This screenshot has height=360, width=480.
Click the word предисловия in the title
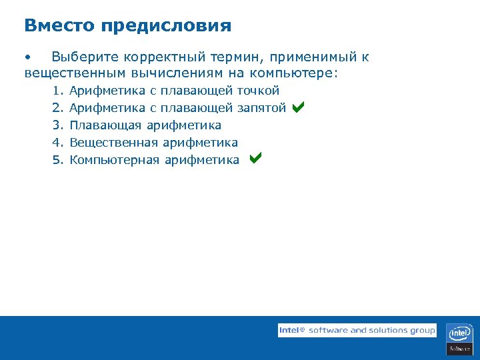coord(167,27)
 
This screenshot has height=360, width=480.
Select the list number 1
coord(57,91)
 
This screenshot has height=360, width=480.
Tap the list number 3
coord(57,125)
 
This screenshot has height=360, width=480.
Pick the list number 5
coord(57,160)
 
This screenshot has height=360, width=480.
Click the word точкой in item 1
coord(258,91)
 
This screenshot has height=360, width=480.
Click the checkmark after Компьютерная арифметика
coord(255,159)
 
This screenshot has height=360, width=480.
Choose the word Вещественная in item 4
coord(113,143)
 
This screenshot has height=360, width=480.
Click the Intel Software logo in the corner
coord(459,339)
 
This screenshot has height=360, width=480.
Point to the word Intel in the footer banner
coord(289,330)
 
